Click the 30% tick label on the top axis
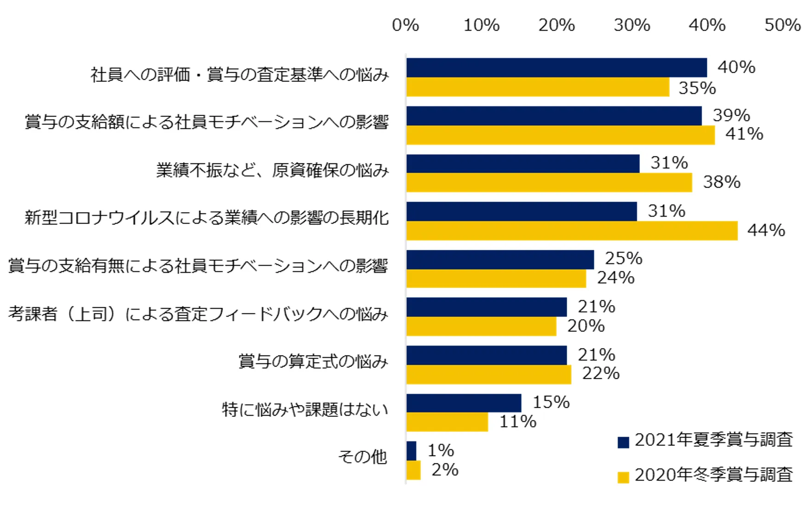pyautogui.click(x=631, y=25)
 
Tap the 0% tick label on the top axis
pyautogui.click(x=405, y=25)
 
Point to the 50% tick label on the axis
pyautogui.click(x=782, y=25)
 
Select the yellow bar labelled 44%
pyautogui.click(x=572, y=231)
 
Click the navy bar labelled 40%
pyautogui.click(x=557, y=68)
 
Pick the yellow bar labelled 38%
pyautogui.click(x=549, y=183)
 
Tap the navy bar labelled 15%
pyautogui.click(x=464, y=403)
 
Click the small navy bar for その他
pyautogui.click(x=411, y=451)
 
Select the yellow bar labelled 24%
pyautogui.click(x=496, y=278)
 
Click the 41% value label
pyautogui.click(x=744, y=134)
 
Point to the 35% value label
pyautogui.click(x=697, y=88)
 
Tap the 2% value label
pyautogui.click(x=445, y=470)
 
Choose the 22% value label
pyautogui.click(x=601, y=373)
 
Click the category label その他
pyautogui.click(x=362, y=457)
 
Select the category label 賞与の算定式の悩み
pyautogui.click(x=313, y=362)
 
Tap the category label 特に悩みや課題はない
pyautogui.click(x=305, y=410)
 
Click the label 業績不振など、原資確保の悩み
pyautogui.click(x=272, y=171)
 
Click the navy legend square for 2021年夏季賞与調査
pyautogui.click(x=623, y=442)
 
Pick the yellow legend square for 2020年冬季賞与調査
pyautogui.click(x=623, y=477)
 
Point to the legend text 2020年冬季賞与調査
pyautogui.click(x=714, y=475)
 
